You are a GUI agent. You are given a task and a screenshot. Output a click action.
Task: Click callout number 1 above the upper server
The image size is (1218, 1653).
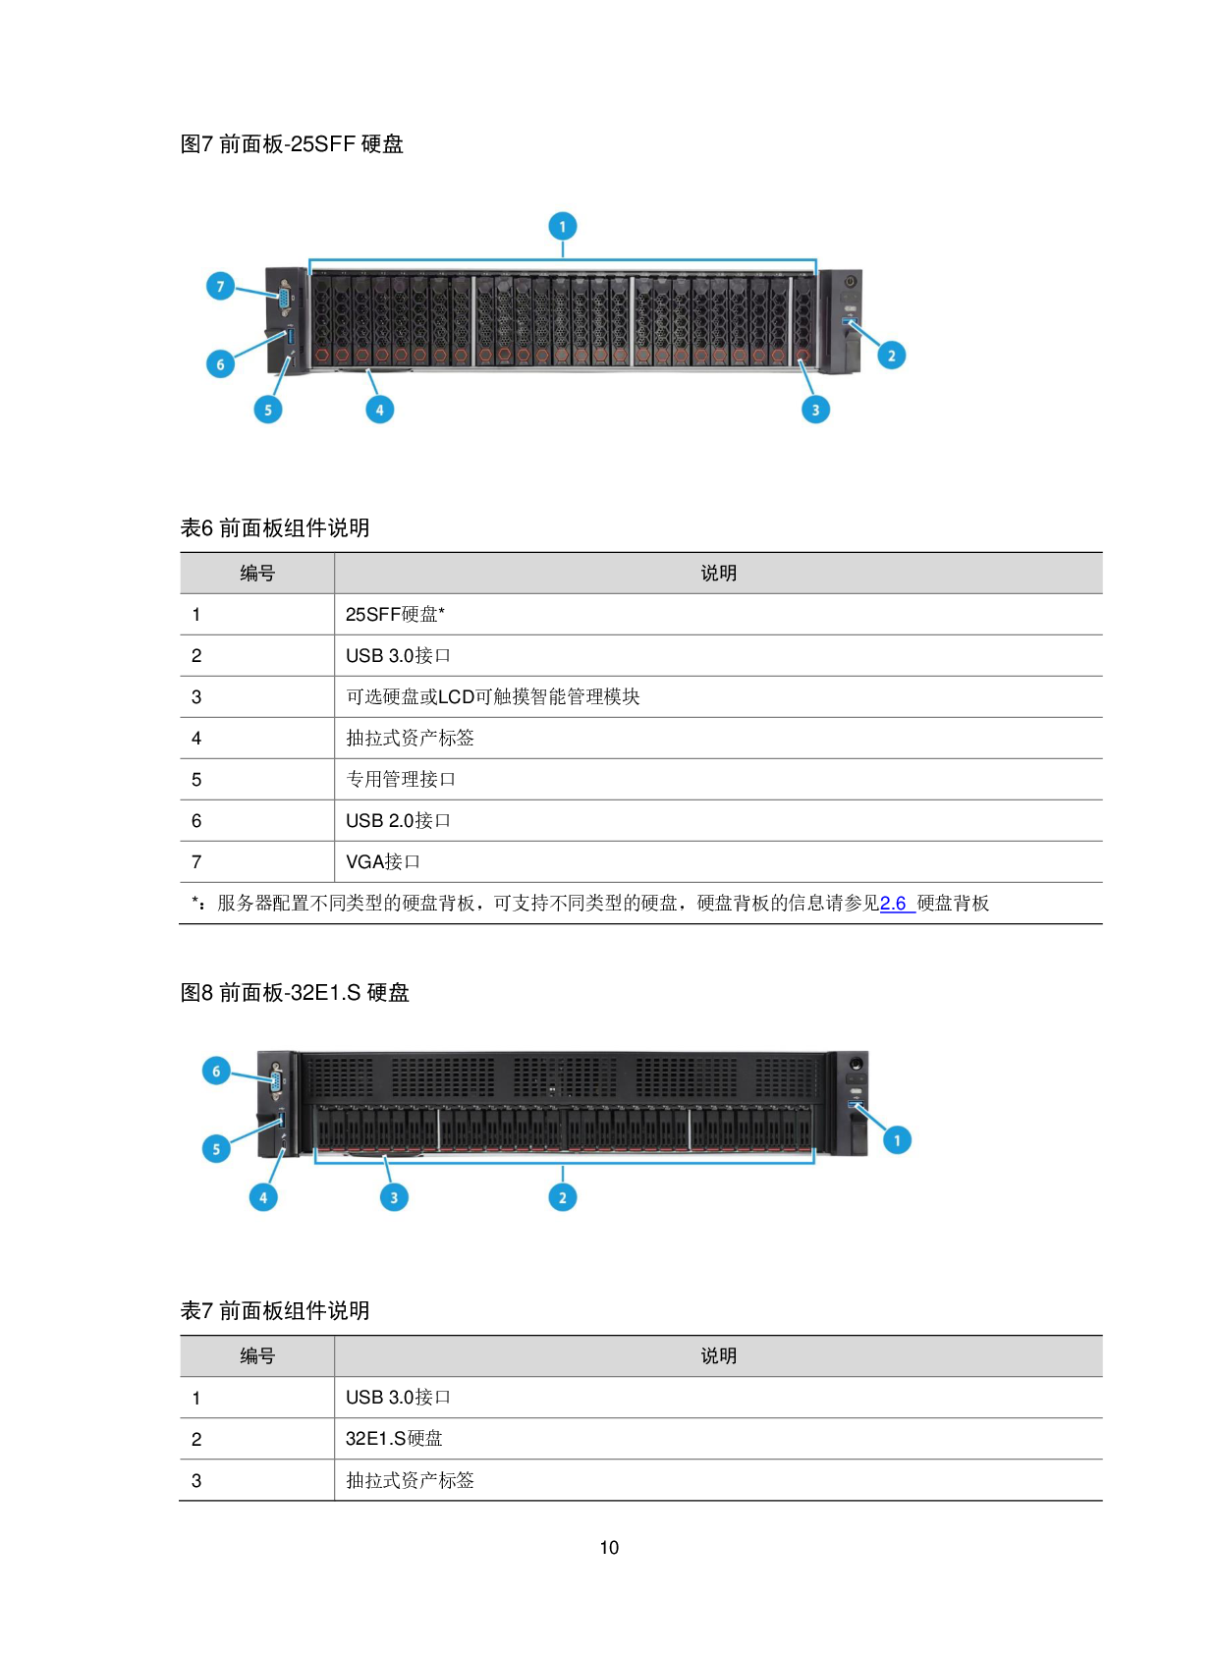pyautogui.click(x=562, y=227)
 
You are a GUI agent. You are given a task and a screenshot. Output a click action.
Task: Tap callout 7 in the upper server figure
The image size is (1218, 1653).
pyautogui.click(x=220, y=287)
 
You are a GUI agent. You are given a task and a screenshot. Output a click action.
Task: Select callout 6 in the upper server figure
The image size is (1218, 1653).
pyautogui.click(x=220, y=364)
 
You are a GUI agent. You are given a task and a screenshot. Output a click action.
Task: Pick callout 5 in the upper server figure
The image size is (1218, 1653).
pyautogui.click(x=268, y=410)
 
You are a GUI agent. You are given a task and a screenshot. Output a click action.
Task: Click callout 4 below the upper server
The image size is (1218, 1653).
pyautogui.click(x=380, y=410)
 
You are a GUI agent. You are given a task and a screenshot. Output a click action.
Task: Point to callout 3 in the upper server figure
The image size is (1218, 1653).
pyautogui.click(x=815, y=410)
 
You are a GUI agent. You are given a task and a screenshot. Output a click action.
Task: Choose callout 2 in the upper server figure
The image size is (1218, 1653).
pyautogui.click(x=892, y=356)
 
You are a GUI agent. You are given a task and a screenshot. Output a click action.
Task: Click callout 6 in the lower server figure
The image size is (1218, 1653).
pyautogui.click(x=216, y=1072)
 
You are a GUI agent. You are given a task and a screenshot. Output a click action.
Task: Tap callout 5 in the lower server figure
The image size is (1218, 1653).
pyautogui.click(x=216, y=1149)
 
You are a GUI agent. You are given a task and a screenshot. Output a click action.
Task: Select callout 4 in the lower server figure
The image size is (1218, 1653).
pyautogui.click(x=263, y=1197)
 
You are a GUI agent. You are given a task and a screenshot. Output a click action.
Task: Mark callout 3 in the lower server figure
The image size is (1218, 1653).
pyautogui.click(x=394, y=1197)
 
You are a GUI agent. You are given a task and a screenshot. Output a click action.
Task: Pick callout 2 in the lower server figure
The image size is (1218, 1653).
pyautogui.click(x=563, y=1197)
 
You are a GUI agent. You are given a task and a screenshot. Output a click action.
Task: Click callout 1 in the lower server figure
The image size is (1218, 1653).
pyautogui.click(x=897, y=1140)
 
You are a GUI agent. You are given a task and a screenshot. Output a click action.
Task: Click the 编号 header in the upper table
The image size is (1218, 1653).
pyautogui.click(x=257, y=574)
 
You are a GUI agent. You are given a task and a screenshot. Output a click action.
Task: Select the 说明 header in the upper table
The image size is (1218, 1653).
pyautogui.click(x=718, y=574)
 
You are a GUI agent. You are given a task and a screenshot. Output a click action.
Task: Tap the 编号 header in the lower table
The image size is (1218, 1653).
pyautogui.click(x=257, y=1356)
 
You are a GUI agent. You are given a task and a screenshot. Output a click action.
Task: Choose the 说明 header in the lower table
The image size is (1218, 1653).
pyautogui.click(x=718, y=1356)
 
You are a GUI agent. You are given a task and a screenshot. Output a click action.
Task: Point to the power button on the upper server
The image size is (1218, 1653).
pyautogui.click(x=850, y=282)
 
